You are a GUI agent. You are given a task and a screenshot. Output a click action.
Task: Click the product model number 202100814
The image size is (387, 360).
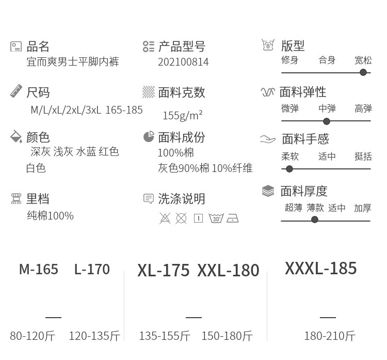point(183,62)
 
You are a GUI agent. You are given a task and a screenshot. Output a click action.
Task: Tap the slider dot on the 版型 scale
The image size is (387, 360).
point(363,72)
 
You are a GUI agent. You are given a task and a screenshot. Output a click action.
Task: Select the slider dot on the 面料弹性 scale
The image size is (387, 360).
point(327,121)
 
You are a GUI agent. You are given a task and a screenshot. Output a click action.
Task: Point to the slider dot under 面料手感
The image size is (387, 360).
point(289,169)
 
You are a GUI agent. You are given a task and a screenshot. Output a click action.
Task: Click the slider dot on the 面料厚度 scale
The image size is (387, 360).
point(315,220)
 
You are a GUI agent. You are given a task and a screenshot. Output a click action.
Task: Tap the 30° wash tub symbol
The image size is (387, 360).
point(216,218)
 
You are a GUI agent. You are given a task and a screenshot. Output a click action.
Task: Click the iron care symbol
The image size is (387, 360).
point(233,218)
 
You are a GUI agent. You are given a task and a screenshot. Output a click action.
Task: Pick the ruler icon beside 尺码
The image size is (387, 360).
point(16,91)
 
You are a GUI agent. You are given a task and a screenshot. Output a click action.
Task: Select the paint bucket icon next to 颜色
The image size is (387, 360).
point(16,136)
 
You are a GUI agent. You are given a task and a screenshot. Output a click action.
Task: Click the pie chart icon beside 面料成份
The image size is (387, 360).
point(149,137)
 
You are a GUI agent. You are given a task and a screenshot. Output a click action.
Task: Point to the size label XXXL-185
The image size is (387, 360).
point(321,269)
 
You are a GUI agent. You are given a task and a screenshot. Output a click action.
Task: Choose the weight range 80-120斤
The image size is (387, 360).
point(33,336)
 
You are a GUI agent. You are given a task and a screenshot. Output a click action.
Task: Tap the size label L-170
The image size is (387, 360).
point(92,269)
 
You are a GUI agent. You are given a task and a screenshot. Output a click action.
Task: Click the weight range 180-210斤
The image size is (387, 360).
point(330,336)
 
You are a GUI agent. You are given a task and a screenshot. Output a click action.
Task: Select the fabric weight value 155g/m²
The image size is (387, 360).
point(183,115)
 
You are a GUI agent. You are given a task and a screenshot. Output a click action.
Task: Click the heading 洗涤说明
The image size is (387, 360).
point(182,199)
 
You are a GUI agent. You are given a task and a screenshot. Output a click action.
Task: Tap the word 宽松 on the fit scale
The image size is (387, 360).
point(363,60)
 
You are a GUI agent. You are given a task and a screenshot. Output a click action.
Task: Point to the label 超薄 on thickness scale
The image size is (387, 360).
point(294,208)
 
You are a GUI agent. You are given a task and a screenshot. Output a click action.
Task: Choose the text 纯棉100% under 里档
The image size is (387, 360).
point(51,216)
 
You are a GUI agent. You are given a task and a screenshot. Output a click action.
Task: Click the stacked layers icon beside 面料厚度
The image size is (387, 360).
point(268,191)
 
